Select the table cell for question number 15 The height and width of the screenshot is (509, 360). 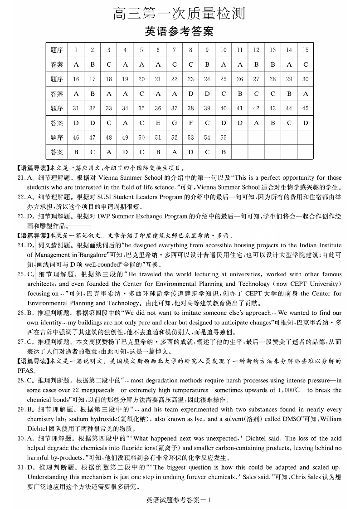(x=305, y=50)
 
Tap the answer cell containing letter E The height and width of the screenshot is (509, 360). (x=158, y=123)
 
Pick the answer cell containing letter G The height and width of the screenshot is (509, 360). (x=174, y=123)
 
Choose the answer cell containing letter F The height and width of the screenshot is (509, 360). (x=191, y=123)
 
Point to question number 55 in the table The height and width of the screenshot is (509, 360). (x=223, y=137)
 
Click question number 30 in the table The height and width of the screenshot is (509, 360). (x=305, y=79)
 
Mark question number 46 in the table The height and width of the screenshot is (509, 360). (x=76, y=137)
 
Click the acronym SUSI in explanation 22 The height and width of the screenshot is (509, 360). (x=102, y=197)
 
